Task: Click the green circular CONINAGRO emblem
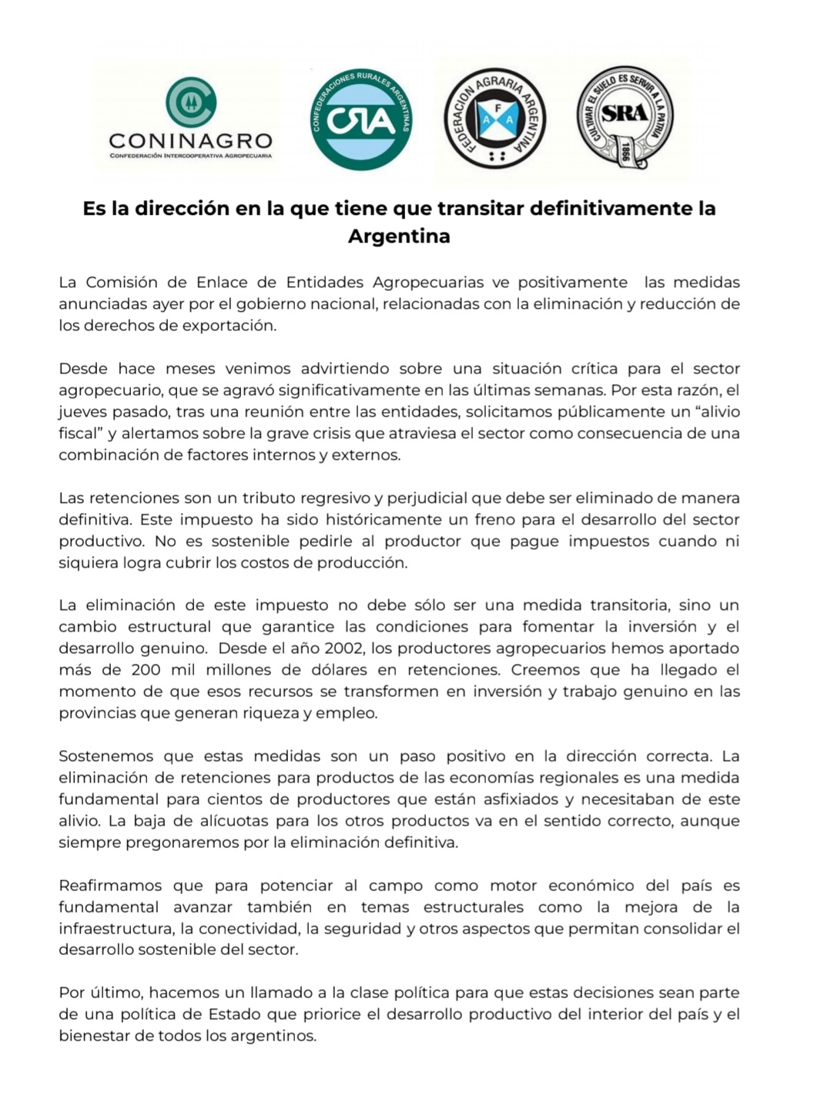(x=191, y=102)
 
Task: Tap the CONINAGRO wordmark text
(x=191, y=141)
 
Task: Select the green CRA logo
(x=360, y=119)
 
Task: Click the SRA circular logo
(x=625, y=116)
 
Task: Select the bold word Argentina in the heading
(x=399, y=236)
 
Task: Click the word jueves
(x=82, y=412)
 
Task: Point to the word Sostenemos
(x=106, y=756)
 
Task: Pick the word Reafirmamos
(x=111, y=886)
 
